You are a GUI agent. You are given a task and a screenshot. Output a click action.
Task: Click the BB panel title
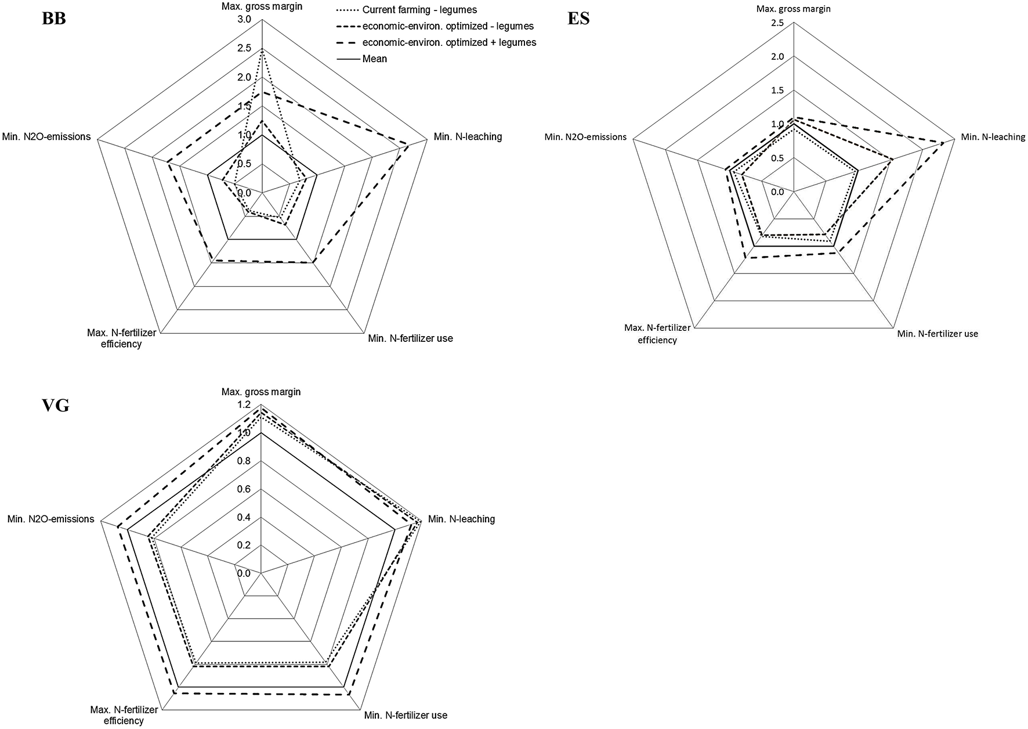[x=54, y=19]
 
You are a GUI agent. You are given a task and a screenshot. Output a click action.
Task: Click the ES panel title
[x=578, y=19]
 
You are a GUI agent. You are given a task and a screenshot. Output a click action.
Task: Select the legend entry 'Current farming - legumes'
[x=419, y=10]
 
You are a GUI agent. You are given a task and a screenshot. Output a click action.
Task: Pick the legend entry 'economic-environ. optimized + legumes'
[x=449, y=42]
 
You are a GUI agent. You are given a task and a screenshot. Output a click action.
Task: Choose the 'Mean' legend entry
[x=374, y=59]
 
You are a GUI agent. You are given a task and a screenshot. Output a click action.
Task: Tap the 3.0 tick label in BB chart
[x=244, y=20]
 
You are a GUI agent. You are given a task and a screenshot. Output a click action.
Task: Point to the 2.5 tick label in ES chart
[x=777, y=23]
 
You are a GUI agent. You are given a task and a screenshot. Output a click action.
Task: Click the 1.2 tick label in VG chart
[x=244, y=405]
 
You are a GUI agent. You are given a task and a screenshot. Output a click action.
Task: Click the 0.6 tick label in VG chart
[x=244, y=489]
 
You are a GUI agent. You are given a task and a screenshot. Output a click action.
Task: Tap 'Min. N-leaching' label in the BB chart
[x=468, y=137]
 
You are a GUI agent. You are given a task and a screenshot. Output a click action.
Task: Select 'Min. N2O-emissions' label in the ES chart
[x=585, y=137]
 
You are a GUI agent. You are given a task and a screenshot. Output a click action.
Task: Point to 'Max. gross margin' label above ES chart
[x=792, y=9]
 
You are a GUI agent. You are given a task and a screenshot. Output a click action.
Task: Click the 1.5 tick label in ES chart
[x=777, y=91]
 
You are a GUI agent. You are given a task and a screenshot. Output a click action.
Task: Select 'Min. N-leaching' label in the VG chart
[x=461, y=519]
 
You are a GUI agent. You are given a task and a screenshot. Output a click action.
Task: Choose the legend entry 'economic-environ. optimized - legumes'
[x=447, y=26]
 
